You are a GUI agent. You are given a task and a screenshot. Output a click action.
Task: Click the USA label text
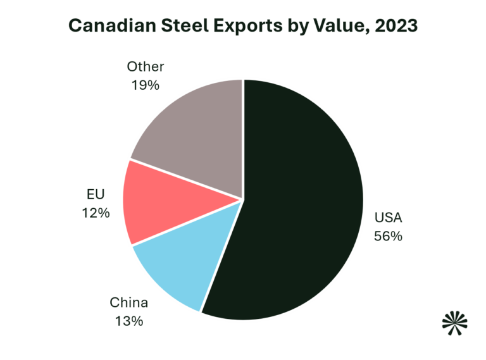pyautogui.click(x=388, y=219)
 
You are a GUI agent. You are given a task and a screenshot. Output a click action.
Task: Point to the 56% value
pyautogui.click(x=388, y=237)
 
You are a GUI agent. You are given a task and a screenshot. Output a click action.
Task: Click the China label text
pyautogui.click(x=128, y=302)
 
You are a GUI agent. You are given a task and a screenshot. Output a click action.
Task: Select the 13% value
pyautogui.click(x=128, y=321)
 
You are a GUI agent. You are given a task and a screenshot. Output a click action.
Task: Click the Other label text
pyautogui.click(x=145, y=66)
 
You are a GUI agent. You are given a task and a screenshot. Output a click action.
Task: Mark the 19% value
pyautogui.click(x=145, y=84)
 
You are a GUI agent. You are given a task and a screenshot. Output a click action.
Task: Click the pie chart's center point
pyautogui.click(x=244, y=200)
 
